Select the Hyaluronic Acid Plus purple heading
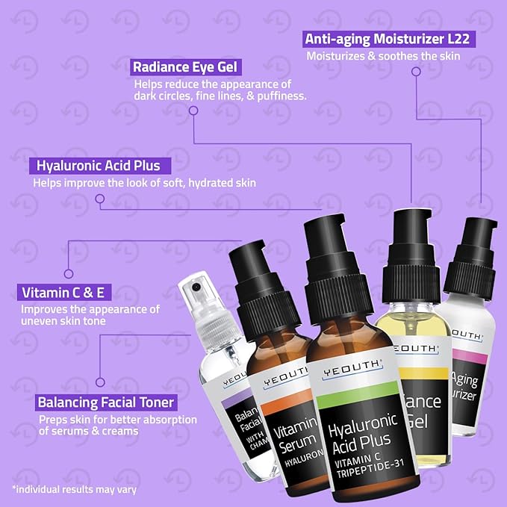point(99,165)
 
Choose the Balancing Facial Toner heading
point(105,403)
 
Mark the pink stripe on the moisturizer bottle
point(470,359)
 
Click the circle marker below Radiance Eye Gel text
point(193,111)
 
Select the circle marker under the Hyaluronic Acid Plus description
point(99,198)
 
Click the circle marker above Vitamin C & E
point(68,273)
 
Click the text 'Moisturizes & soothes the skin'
point(381,55)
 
